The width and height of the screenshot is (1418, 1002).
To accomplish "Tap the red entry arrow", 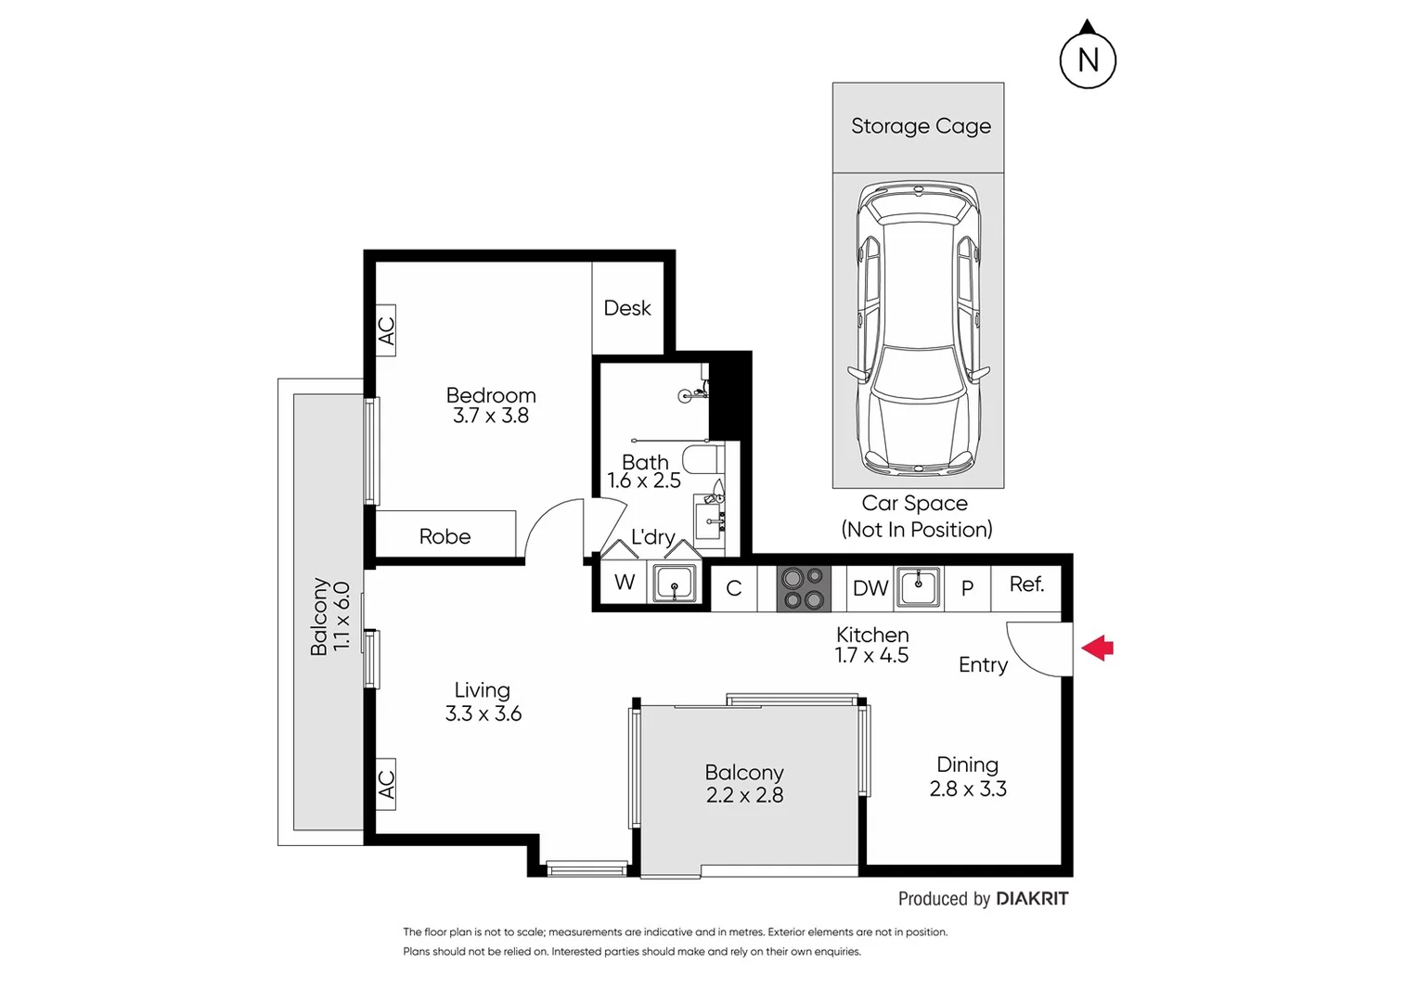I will tap(1098, 648).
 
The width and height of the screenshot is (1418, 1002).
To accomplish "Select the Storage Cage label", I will tap(921, 126).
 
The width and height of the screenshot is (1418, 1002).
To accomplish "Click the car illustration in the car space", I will tap(918, 327).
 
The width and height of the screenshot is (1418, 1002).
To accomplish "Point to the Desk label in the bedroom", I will tap(627, 308).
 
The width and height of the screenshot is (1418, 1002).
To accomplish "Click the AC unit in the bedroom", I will tap(386, 330).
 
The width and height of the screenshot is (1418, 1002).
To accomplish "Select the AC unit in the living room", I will tap(386, 784).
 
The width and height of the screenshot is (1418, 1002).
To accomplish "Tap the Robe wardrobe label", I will tap(445, 536).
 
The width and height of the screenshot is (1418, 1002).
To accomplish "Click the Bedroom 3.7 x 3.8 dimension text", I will tap(491, 416).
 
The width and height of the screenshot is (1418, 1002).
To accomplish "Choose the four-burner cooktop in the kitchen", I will tap(804, 588).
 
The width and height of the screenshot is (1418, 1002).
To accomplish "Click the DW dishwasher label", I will tap(870, 588).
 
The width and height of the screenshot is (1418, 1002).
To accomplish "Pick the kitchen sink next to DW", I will tap(919, 587).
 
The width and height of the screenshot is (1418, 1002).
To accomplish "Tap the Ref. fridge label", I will tap(1026, 584).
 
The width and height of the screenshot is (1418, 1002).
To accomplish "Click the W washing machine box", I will tap(625, 583).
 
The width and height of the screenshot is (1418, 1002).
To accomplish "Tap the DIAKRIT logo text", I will tap(1031, 898).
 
